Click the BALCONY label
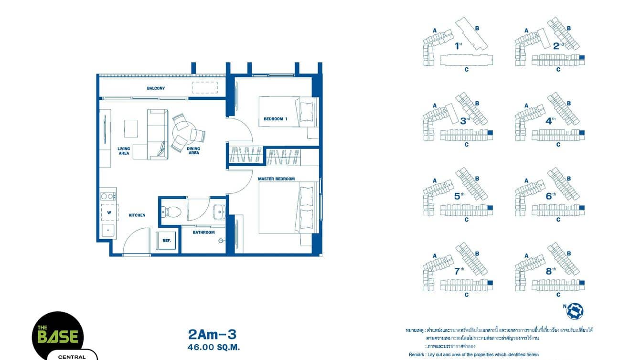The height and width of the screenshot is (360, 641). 156,88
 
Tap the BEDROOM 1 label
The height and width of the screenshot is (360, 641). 276,119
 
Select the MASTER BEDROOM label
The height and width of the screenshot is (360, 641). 276,179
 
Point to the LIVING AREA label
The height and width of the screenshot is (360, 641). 124,151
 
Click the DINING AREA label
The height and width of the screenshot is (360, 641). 193,151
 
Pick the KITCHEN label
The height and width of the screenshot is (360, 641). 137,215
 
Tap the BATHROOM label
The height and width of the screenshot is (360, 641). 203,233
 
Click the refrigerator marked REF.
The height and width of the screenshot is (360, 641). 167,241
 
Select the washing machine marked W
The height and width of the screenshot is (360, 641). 109,212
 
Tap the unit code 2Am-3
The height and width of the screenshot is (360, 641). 212,334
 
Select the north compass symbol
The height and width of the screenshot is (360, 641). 575,311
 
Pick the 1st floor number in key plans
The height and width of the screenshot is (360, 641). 459,46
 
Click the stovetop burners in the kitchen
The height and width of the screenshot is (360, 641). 108,196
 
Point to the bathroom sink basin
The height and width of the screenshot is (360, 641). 219,211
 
